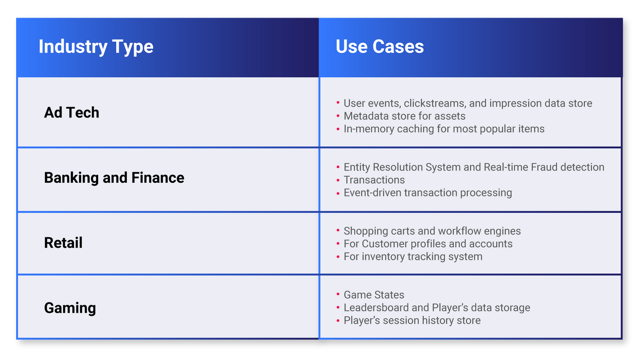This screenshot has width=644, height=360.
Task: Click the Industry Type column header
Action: pos(96,47)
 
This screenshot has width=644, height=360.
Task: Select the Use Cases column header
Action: pos(379,47)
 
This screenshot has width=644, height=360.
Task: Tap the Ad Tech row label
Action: pos(71,112)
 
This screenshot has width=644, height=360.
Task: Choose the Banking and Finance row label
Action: pos(114,178)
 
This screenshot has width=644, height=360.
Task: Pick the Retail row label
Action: pos(63,243)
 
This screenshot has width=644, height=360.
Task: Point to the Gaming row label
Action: pos(70,308)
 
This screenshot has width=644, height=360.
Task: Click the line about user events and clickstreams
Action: pos(467,103)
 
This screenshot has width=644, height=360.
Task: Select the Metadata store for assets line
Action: pos(405,116)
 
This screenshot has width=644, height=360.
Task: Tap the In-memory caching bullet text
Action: pos(444,129)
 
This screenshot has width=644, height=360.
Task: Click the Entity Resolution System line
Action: pos(473,167)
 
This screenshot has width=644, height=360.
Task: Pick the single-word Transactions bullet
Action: pos(374,180)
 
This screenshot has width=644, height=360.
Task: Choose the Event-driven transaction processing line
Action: pos(428,193)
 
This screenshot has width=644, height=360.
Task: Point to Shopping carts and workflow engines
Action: pos(432,231)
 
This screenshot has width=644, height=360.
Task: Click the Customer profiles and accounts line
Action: pos(428,244)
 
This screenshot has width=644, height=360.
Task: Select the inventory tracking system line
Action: pos(413,257)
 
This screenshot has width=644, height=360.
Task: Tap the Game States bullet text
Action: pos(374,295)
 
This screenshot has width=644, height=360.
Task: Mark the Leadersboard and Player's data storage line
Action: pos(437,308)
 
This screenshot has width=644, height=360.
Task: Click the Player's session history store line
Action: pos(412,321)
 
